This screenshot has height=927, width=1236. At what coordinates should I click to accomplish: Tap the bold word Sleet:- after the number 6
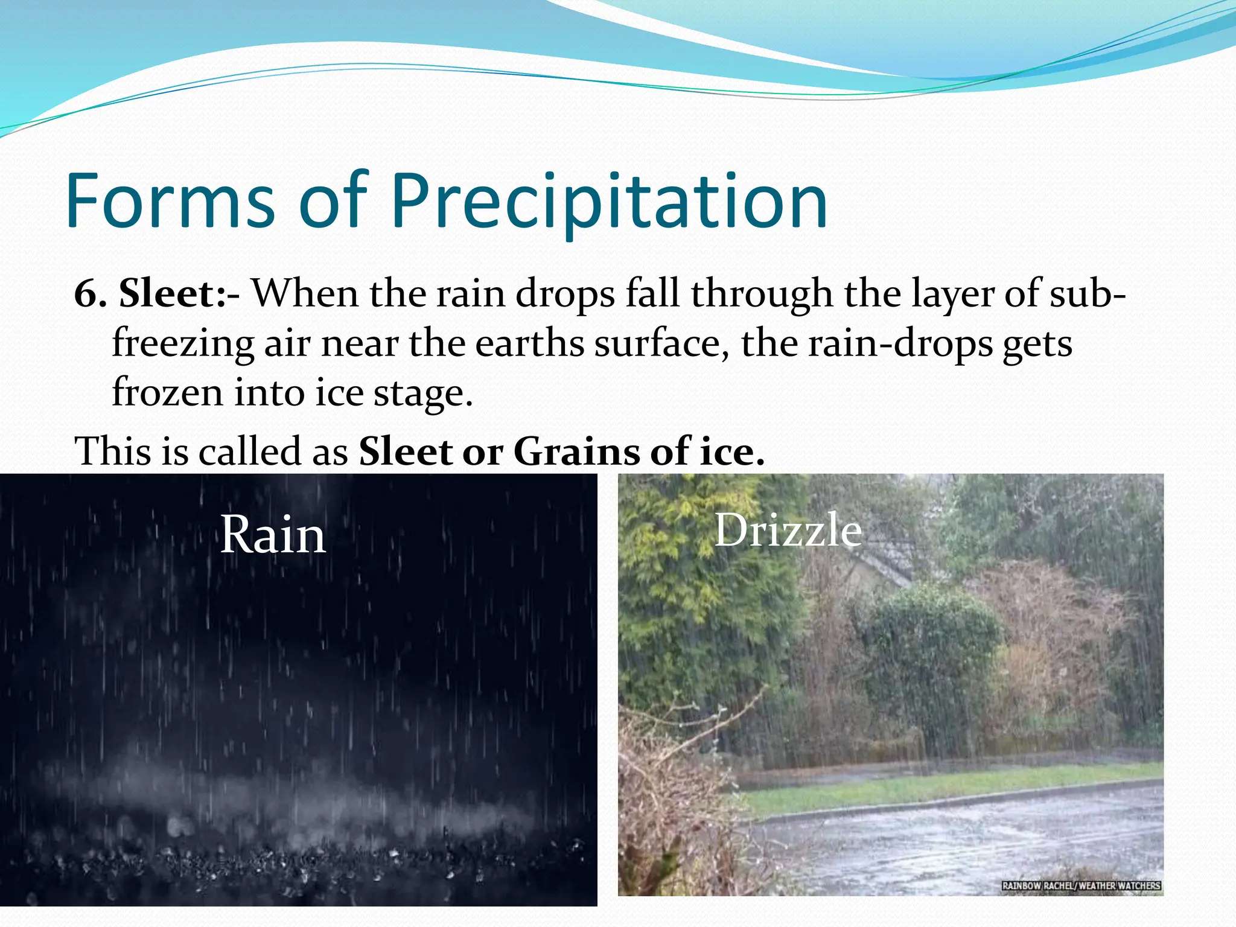pos(179,294)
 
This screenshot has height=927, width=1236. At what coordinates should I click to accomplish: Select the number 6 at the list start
pos(87,294)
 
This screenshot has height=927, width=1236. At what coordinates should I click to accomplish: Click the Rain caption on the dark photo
pos(273,535)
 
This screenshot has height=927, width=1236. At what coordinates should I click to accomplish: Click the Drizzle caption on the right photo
pos(788,530)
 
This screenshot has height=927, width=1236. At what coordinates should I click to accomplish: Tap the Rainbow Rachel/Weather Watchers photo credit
pos(1080,885)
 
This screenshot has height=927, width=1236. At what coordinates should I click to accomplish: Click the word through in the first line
pos(761,294)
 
